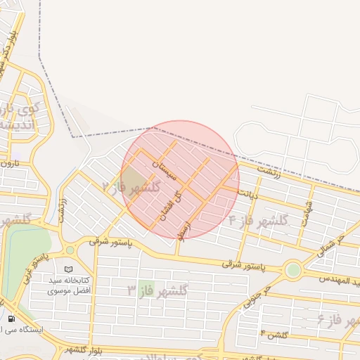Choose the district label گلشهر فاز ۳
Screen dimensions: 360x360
(x=157, y=289)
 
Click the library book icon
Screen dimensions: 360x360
(x=67, y=269)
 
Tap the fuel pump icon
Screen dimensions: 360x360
(x=11, y=319)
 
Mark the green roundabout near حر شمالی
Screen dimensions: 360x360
(x=294, y=269)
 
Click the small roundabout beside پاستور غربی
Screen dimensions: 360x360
(x=70, y=250)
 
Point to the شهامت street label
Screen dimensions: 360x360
(x=307, y=210)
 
